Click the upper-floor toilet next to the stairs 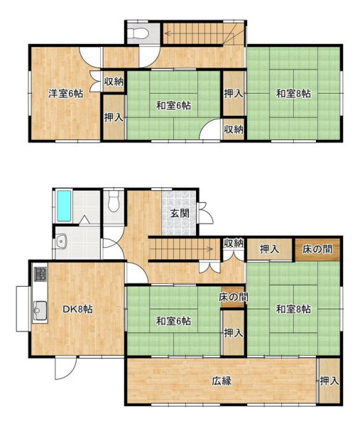[x=139, y=33]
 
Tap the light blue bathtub [x=65, y=206]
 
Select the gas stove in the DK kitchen [x=40, y=274]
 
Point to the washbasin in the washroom [x=62, y=241]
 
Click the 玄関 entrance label [x=180, y=213]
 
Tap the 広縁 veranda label [x=222, y=381]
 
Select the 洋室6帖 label [x=66, y=94]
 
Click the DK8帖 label [x=77, y=309]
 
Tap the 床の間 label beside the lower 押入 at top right [x=317, y=249]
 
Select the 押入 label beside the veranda [x=329, y=381]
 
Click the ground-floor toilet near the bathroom [x=114, y=202]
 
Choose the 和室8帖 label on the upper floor [x=293, y=94]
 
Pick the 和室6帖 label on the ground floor [x=173, y=321]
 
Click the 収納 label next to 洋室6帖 [x=114, y=82]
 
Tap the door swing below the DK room [x=65, y=368]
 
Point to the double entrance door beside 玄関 [x=206, y=213]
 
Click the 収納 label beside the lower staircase [x=234, y=243]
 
